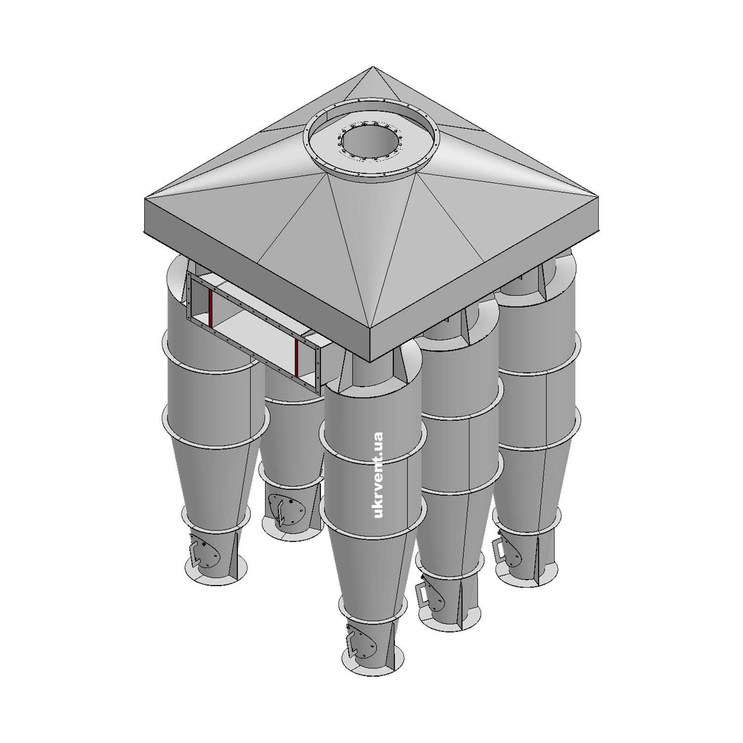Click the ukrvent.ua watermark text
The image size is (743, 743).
pyautogui.click(x=379, y=475)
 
